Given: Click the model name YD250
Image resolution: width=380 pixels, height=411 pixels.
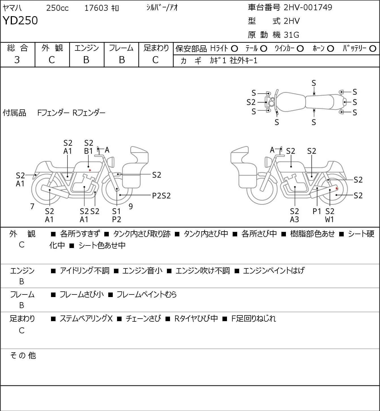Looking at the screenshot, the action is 20,20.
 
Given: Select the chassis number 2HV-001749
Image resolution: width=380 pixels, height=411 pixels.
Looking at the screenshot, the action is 308,7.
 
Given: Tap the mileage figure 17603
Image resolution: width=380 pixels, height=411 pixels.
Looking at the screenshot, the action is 96,8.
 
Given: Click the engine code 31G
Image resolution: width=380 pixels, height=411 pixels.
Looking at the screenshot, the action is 291,35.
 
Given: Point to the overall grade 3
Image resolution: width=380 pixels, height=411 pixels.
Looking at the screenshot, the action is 17,60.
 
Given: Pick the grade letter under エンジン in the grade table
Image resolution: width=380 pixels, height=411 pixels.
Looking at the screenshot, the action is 86,60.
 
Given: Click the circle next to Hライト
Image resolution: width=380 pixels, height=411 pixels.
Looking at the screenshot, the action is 234,49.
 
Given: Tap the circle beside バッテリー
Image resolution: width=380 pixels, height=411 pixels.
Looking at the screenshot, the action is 373,49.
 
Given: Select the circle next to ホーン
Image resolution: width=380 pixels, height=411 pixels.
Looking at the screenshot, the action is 330,49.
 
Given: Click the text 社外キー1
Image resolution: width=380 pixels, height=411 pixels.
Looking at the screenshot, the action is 243,61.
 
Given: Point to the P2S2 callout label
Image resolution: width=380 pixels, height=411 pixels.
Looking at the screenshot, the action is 161,196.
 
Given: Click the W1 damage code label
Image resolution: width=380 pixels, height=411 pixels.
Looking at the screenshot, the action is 330,219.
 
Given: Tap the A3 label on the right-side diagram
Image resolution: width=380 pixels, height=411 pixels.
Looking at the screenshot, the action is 294,219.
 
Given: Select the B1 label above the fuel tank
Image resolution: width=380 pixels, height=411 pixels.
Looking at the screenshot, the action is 88,151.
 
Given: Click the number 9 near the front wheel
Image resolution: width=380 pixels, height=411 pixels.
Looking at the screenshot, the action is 131,206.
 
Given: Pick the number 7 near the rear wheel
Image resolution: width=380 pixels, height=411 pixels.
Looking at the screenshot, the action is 32,206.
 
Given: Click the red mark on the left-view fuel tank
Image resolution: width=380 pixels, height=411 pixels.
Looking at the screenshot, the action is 90,170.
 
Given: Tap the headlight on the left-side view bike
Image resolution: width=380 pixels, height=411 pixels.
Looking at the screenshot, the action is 111,162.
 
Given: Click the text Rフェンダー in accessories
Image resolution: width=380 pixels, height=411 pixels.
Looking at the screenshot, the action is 89,113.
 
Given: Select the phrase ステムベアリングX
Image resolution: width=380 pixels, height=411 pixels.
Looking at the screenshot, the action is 86,319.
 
